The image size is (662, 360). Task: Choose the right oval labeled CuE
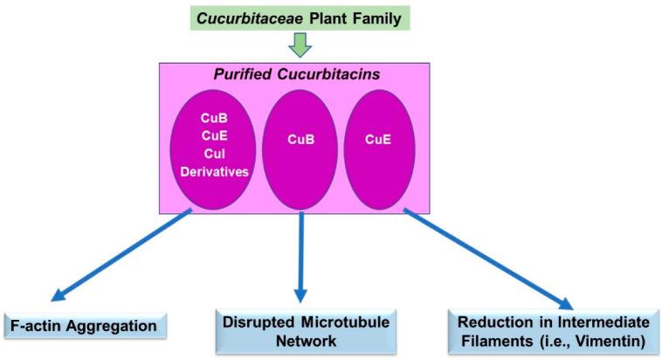tap(376, 137)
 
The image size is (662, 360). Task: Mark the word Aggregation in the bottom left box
tap(114, 327)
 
